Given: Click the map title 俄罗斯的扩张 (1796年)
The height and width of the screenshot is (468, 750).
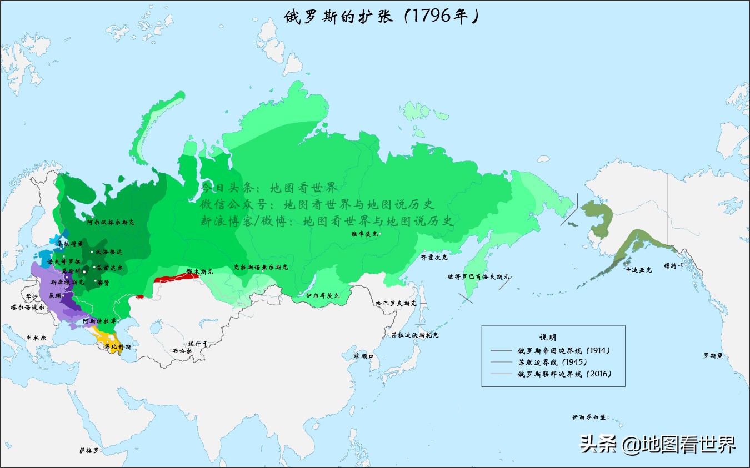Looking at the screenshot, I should tap(381, 16).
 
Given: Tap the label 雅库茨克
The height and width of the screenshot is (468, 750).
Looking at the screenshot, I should tap(364, 234).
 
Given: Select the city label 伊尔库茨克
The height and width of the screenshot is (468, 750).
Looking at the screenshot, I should tap(323, 295).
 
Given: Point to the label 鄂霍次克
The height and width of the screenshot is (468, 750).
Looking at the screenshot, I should tap(434, 257).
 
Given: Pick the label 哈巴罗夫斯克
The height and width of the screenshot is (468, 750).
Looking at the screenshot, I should tap(396, 304).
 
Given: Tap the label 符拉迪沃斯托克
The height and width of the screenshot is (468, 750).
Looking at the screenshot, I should tap(414, 335).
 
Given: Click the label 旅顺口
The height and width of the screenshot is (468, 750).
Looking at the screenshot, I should tap(363, 355).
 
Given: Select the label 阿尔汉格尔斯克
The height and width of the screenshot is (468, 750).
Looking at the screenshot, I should tap(111, 222).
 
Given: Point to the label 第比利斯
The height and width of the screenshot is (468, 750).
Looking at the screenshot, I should tap(118, 347).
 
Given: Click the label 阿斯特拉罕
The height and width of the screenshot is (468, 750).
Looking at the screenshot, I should tap(99, 321).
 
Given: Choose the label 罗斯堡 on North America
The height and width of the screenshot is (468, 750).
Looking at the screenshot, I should tap(713, 355).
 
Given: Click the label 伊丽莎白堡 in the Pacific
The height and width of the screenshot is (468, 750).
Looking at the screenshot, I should tap(589, 417).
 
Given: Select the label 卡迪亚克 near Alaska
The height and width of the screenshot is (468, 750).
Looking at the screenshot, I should tap(638, 270).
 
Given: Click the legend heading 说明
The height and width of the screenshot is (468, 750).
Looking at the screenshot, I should tap(548, 337).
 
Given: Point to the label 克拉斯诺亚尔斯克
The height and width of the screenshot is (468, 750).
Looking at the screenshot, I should tap(261, 267).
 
